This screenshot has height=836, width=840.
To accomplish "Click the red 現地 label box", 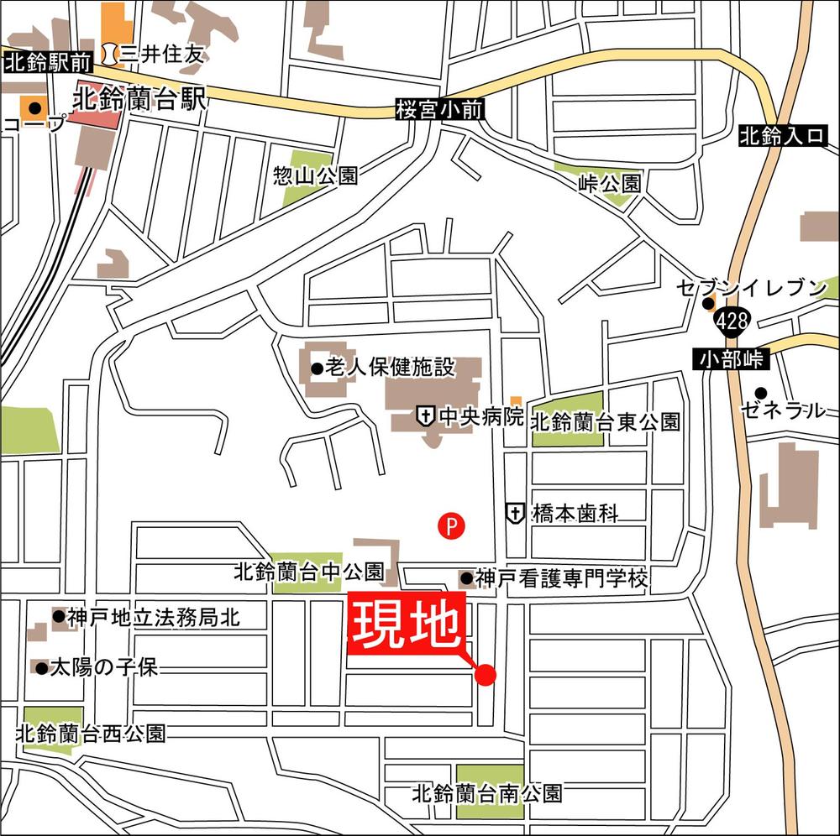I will point(407,623).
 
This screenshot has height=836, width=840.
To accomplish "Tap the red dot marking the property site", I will point(486,674).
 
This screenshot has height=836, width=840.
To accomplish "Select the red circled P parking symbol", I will point(451,526).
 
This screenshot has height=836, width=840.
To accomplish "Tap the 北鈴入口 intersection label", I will point(783,136).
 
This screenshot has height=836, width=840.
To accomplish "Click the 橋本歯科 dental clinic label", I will point(576,513).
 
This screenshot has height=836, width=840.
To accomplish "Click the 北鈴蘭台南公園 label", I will point(487,792).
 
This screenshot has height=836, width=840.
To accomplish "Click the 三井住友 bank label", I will point(161,55).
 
